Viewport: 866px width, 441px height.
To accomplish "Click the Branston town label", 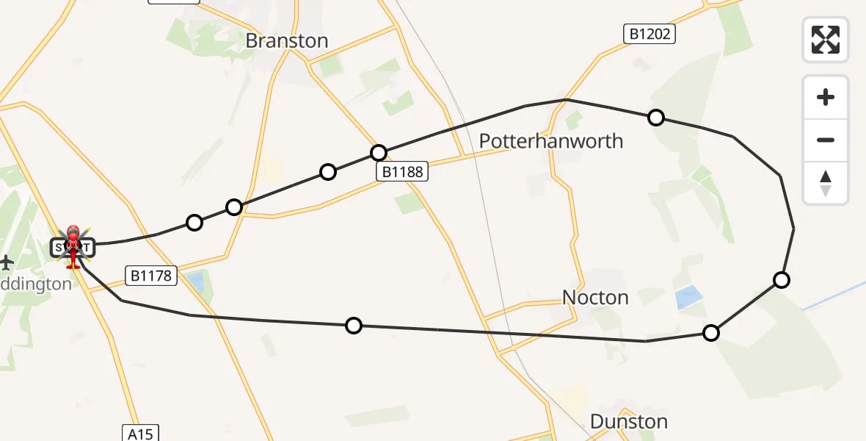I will (x=286, y=40).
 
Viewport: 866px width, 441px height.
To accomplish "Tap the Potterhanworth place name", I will (x=550, y=141).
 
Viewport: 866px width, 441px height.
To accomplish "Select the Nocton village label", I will (x=595, y=298).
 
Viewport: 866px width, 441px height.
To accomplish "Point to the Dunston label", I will (x=629, y=422).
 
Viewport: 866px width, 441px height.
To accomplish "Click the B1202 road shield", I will (x=649, y=34).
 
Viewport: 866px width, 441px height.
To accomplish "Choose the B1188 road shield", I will (x=401, y=171).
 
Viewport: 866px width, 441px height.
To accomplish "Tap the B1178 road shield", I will (x=152, y=276).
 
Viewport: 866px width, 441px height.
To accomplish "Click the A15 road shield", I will (x=139, y=433).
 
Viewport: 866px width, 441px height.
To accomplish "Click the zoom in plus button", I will (x=826, y=97).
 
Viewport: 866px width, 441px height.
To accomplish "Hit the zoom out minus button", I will (x=826, y=140).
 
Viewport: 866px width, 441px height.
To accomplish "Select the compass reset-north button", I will (x=826, y=183).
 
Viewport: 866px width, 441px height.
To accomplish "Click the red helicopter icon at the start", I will (x=73, y=244).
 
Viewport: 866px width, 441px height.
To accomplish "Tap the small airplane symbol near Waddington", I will (x=7, y=262).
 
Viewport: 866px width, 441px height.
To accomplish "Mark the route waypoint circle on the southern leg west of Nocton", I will (x=354, y=325).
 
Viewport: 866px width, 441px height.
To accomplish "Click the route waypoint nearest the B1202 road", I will (x=656, y=118).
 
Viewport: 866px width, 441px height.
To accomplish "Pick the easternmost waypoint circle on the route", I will (x=782, y=279).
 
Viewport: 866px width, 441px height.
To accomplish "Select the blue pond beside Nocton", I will (x=688, y=297).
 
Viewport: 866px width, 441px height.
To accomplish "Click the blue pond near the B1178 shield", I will (x=196, y=281).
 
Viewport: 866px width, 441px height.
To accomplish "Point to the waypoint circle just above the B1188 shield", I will (x=378, y=153).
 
